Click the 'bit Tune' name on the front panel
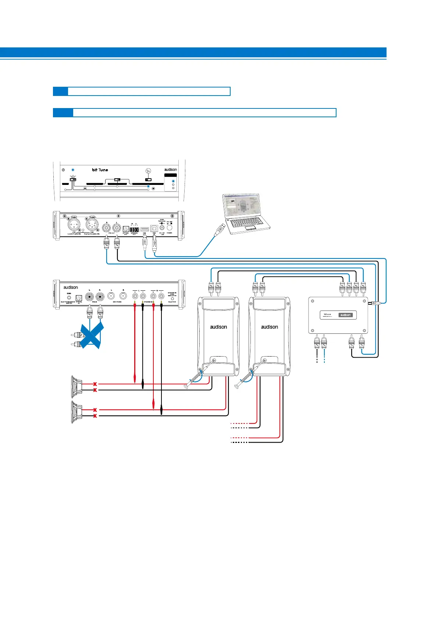(100, 170)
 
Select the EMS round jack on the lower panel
(69, 297)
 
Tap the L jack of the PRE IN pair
(89, 297)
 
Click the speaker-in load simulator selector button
(172, 299)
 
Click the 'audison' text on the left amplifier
(218, 327)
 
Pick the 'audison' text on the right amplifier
(270, 327)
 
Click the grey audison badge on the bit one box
(345, 315)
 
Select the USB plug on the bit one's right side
(373, 303)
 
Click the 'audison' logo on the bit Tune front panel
(170, 170)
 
